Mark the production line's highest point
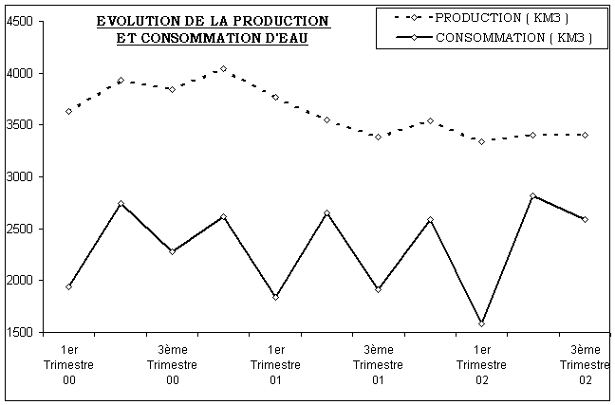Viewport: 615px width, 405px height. coord(223,68)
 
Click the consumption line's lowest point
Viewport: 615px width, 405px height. coord(482,323)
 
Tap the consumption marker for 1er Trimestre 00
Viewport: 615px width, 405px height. coord(68,286)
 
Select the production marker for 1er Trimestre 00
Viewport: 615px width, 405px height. coord(68,111)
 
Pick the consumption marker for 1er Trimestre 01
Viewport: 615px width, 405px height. coord(275,297)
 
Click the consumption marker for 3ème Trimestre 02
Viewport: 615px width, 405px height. coord(585,219)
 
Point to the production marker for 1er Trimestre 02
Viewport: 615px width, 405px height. coord(482,141)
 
